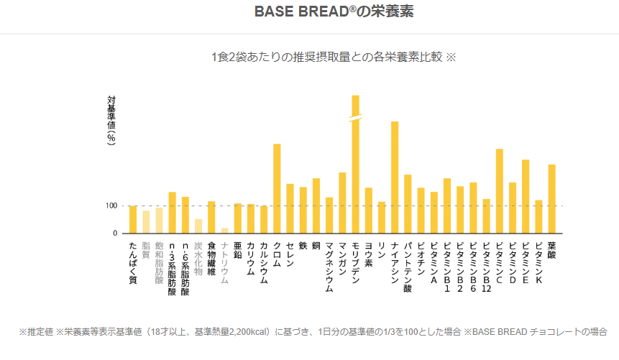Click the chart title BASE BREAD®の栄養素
(334, 12)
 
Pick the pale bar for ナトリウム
(224, 231)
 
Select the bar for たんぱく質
(133, 219)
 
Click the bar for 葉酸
(552, 199)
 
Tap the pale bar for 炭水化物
(198, 226)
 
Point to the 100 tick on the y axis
(111, 206)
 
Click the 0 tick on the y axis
(114, 234)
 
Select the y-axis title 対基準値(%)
(111, 121)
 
